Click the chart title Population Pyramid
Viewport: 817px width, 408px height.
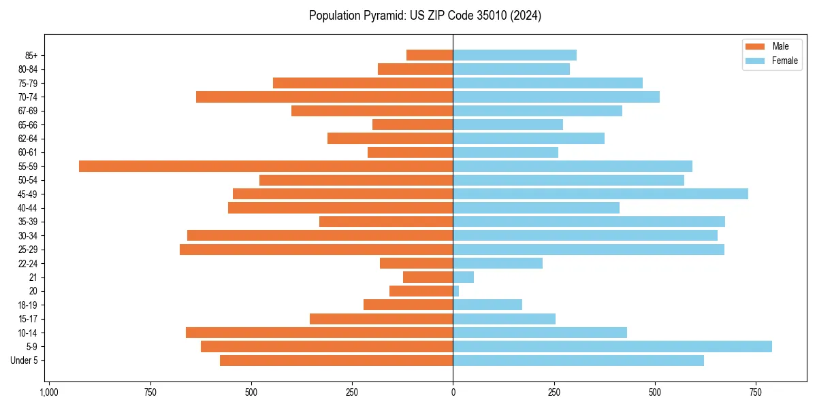tap(425, 16)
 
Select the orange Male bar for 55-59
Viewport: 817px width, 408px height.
tap(266, 166)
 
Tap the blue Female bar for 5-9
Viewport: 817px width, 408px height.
tap(612, 346)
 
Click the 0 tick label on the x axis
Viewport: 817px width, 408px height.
tap(453, 392)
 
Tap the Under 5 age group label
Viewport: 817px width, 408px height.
tap(25, 360)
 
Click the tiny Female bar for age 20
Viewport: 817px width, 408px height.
tap(456, 291)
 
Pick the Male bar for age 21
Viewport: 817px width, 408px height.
tap(428, 277)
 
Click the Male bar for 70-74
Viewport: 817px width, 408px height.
tap(325, 97)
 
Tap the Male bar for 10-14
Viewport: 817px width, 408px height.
tap(319, 333)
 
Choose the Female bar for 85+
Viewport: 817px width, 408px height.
tap(515, 55)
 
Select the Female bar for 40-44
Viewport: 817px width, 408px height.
tap(536, 207)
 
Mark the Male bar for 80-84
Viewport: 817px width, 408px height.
tap(415, 69)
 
